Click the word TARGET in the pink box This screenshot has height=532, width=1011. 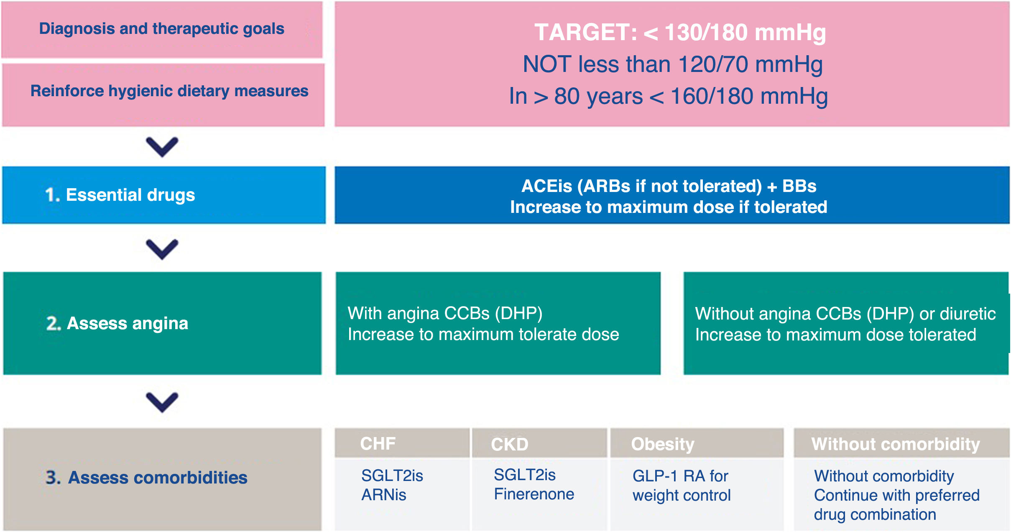coord(586,32)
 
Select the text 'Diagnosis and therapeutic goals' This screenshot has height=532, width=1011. coord(162,29)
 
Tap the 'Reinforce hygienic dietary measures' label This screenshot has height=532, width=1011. coord(169,91)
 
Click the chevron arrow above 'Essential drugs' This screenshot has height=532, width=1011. coord(162,147)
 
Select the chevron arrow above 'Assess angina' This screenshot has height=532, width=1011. coord(162,249)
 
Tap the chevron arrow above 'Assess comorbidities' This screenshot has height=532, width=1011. coord(162,402)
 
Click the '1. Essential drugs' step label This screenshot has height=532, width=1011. coord(120,195)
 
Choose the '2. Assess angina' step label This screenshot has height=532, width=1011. coord(117,323)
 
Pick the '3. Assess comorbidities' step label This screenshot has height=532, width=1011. coord(146,477)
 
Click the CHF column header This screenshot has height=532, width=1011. coord(378,443)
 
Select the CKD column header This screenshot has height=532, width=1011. coord(510,444)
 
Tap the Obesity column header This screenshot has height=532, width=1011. coord(663,444)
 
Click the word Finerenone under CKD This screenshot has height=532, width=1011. coord(534,494)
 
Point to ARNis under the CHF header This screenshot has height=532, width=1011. coord(384,495)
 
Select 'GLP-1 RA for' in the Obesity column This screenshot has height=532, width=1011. coord(680,476)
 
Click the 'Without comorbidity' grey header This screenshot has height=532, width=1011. coord(896,444)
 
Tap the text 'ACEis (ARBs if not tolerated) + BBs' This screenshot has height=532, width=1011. coord(669,186)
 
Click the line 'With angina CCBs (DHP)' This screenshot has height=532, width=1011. coord(445,313)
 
